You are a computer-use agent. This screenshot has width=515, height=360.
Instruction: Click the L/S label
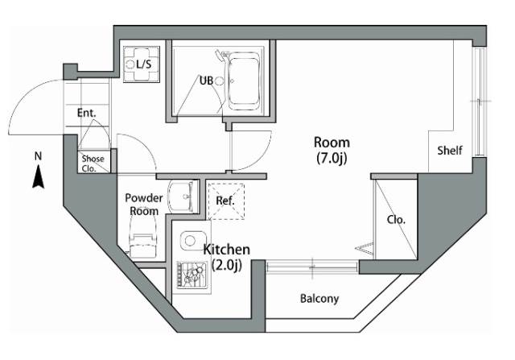pos(143,64)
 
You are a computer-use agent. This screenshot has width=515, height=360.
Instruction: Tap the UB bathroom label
pos(207,80)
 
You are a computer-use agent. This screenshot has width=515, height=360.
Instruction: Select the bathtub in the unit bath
pos(246,82)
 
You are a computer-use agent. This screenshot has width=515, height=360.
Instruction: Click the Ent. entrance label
pos(87,114)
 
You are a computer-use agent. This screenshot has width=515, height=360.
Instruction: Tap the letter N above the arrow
pos(37,155)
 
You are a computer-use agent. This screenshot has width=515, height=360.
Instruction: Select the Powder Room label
pos(143,205)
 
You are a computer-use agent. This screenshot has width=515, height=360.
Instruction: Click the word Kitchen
pos(226,250)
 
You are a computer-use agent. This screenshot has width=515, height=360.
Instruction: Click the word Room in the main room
pos(332,143)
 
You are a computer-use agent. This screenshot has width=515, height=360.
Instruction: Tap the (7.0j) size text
pos(332,158)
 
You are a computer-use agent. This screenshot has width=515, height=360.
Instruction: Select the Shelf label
pos(449,151)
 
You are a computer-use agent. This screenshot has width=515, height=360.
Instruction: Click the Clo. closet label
pos(396,219)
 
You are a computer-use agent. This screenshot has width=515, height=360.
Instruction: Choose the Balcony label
pos(319,299)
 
